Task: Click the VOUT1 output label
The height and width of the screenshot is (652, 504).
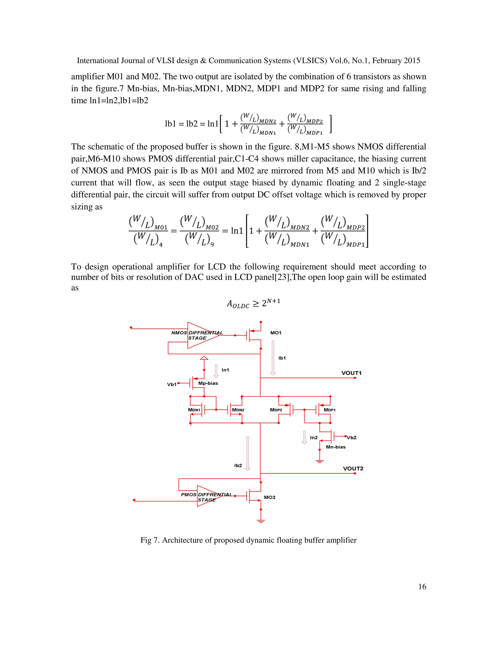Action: click(351, 373)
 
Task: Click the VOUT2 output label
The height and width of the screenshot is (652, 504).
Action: click(353, 468)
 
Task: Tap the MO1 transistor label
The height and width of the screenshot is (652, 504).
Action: click(276, 333)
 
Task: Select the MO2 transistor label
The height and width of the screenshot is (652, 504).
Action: click(269, 497)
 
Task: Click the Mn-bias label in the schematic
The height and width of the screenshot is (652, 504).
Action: click(336, 447)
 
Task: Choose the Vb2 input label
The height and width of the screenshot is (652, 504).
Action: click(351, 438)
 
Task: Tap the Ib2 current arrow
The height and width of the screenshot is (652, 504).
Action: click(248, 453)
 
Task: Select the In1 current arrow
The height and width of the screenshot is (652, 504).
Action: click(216, 371)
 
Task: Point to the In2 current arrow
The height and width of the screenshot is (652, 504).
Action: click(304, 437)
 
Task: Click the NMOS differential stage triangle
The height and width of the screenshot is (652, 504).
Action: click(200, 335)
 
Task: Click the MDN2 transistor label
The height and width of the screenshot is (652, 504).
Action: click(238, 410)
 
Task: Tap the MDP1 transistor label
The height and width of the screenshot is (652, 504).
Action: click(329, 410)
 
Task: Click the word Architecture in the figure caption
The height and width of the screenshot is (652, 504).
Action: click(182, 540)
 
